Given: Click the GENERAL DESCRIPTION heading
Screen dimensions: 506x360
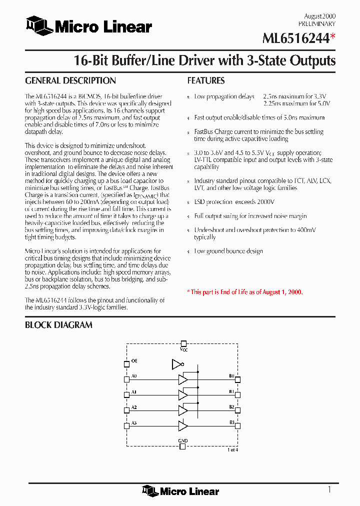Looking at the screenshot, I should point(70,81).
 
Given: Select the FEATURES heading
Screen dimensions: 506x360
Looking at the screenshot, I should point(206,81).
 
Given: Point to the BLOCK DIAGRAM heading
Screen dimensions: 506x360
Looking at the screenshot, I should point(58,325).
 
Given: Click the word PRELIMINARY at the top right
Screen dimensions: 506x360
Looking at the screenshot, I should point(317,23).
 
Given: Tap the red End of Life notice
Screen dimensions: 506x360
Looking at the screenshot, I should point(245,292).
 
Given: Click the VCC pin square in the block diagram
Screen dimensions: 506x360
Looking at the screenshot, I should point(183,343).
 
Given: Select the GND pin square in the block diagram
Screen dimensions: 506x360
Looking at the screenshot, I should point(183,446).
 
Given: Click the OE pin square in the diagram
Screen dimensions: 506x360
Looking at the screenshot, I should point(126,363).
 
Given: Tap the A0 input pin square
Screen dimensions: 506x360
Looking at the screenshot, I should point(126,379).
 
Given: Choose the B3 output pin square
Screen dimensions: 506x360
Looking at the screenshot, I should point(238,426).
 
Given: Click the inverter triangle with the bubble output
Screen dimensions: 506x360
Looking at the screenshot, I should point(176,363).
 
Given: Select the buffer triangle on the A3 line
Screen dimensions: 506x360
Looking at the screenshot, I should point(183,426).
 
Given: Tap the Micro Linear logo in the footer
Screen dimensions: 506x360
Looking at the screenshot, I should point(180,491).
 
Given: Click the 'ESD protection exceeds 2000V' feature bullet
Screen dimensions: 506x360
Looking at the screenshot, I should point(234,202).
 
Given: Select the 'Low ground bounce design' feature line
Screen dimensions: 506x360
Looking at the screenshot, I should point(228,251).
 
